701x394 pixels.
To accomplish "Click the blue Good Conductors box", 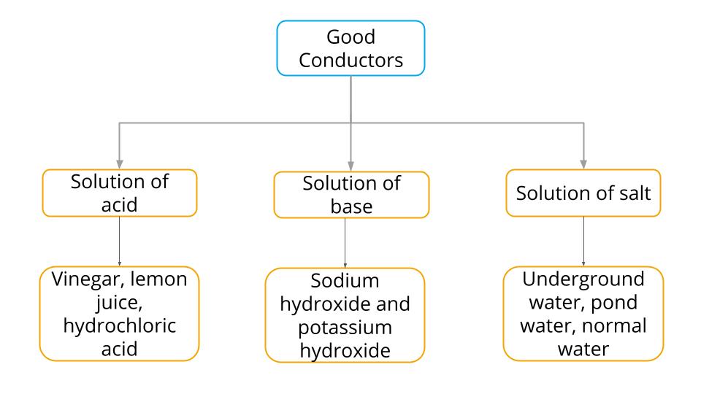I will point(350,47).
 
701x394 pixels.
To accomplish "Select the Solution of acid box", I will point(119,193).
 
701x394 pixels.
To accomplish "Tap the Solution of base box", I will point(350,195).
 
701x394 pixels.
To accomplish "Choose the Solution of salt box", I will point(583,194).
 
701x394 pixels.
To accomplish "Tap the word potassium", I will point(344,327).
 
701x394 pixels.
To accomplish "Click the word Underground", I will point(583,279).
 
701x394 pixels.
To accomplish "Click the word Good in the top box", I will point(351,36).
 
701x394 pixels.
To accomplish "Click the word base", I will point(350,206).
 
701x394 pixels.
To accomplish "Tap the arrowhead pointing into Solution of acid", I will point(119,163).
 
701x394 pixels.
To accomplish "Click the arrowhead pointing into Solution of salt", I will point(583,163).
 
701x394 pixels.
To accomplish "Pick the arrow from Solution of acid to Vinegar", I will point(119,241).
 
